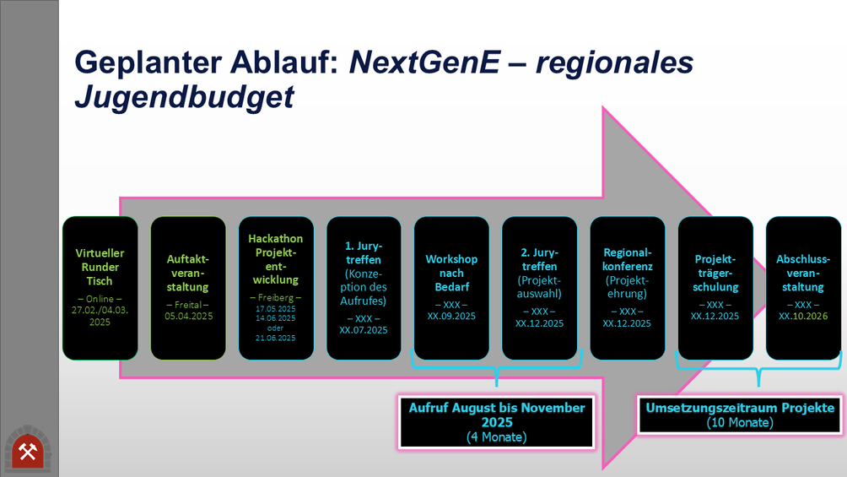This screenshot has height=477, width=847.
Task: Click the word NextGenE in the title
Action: (425, 62)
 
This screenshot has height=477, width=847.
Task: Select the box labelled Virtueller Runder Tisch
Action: (100, 288)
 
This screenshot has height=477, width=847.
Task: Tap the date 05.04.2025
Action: (188, 316)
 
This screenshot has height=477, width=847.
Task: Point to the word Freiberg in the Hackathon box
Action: (276, 297)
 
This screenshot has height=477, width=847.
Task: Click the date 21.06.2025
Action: (276, 338)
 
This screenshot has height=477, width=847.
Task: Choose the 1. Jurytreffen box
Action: (364, 288)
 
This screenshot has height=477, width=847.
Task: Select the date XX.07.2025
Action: (364, 330)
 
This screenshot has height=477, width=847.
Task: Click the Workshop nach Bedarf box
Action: (451, 288)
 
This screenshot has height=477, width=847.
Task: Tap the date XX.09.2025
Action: (451, 316)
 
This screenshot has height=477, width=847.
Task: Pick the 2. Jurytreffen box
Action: (539, 288)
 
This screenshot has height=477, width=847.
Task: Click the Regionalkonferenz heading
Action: (627, 259)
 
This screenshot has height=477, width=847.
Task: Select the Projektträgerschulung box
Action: (715, 288)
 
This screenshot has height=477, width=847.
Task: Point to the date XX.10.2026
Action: (803, 316)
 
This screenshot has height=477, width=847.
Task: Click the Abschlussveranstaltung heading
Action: (803, 273)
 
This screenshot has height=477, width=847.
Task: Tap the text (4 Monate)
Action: (496, 437)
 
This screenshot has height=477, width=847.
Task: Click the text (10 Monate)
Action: (740, 422)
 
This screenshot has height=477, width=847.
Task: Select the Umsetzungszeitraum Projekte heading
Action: (740, 408)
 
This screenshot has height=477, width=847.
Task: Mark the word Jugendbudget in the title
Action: (184, 97)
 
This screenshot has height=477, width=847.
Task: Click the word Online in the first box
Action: (100, 299)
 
